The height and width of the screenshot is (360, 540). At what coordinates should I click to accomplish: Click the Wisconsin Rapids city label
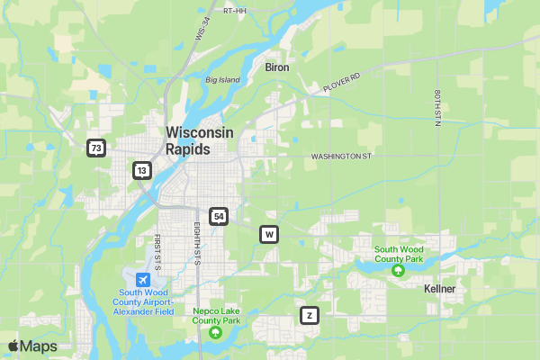pyautogui.click(x=199, y=140)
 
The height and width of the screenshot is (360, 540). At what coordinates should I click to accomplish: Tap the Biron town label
pyautogui.click(x=276, y=67)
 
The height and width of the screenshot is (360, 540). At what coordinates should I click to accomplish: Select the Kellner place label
pyautogui.click(x=439, y=289)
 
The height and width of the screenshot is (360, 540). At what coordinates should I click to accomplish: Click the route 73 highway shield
pyautogui.click(x=96, y=148)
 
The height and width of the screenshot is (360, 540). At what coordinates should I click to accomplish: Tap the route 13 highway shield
pyautogui.click(x=141, y=170)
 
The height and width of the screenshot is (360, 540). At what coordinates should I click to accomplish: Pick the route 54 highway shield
pyautogui.click(x=218, y=216)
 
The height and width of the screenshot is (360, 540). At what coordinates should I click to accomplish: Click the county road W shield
pyautogui.click(x=268, y=235)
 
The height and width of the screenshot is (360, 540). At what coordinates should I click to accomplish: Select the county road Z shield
pyautogui.click(x=309, y=316)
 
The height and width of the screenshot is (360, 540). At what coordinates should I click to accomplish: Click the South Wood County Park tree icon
pyautogui.click(x=398, y=270)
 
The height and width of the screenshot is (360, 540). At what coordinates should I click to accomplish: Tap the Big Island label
pyautogui.click(x=222, y=80)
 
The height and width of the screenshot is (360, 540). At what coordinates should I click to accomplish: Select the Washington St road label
pyautogui.click(x=341, y=157)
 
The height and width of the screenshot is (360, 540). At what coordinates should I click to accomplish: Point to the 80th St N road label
pyautogui.click(x=436, y=108)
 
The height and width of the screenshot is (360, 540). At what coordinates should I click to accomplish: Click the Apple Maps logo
pyautogui.click(x=32, y=346)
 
